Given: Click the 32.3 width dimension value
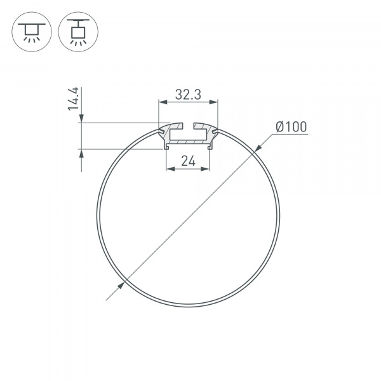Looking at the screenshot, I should [x=188, y=95].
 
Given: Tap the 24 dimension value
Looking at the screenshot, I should [x=187, y=161].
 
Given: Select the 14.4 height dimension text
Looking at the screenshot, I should [x=75, y=100].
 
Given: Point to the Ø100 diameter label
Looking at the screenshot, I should [x=290, y=127].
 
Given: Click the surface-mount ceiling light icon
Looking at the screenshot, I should [x=29, y=32].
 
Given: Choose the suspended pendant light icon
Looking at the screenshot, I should [x=77, y=32].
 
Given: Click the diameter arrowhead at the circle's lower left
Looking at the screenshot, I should [x=119, y=287].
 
